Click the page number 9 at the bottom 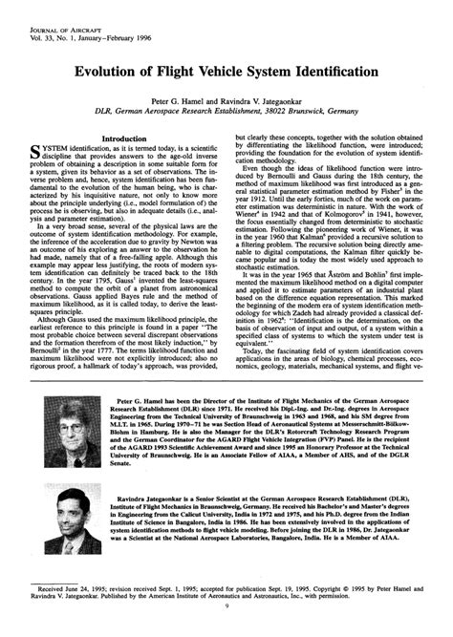click(x=226, y=631)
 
